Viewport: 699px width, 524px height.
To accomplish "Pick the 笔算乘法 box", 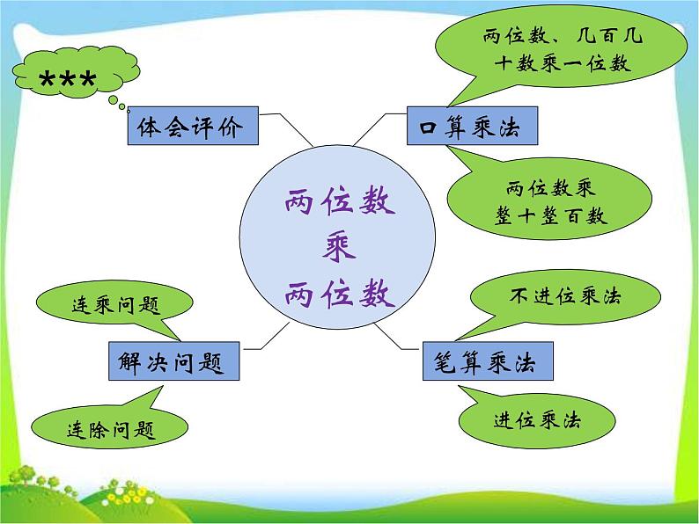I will pyautogui.click(x=486, y=360).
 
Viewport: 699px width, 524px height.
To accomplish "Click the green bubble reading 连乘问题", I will pyautogui.click(x=114, y=305).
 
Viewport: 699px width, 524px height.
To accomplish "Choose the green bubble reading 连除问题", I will pyautogui.click(x=110, y=429).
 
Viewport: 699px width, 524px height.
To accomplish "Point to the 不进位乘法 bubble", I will pyautogui.click(x=564, y=296).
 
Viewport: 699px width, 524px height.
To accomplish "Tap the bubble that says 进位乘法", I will pyautogui.click(x=538, y=420).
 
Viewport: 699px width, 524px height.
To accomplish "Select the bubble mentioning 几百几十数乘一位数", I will pyautogui.click(x=563, y=51).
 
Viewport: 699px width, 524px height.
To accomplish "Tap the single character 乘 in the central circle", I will pyautogui.click(x=338, y=249).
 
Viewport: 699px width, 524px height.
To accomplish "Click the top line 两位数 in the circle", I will pyautogui.click(x=339, y=204).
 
